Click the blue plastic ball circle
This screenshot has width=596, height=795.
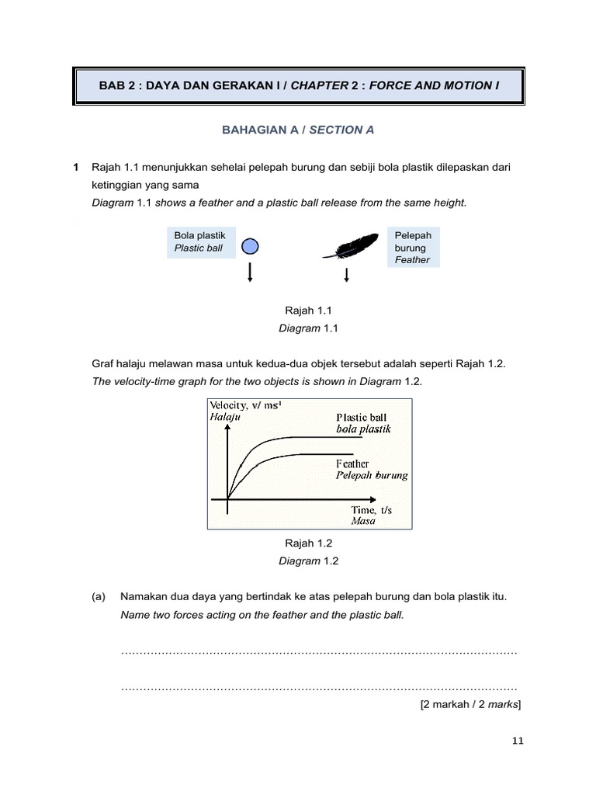click(x=250, y=246)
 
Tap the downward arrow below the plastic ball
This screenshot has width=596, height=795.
click(x=250, y=273)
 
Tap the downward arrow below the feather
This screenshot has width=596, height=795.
click(x=346, y=274)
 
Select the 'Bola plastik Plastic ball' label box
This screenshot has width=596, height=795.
click(x=199, y=241)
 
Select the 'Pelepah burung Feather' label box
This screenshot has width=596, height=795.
click(x=413, y=247)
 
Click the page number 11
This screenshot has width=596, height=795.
click(x=518, y=741)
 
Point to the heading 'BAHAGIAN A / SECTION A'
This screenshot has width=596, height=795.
click(x=298, y=130)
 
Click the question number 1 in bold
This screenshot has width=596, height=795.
click(x=76, y=167)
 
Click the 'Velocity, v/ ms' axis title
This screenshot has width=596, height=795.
click(x=244, y=405)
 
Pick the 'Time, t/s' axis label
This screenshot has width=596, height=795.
click(x=372, y=510)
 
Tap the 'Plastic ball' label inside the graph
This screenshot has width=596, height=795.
click(x=361, y=418)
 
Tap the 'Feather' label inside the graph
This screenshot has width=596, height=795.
click(x=352, y=463)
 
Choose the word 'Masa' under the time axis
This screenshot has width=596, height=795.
click(x=363, y=521)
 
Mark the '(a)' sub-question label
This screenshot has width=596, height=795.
click(x=98, y=597)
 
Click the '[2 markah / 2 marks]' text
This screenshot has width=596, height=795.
click(x=470, y=705)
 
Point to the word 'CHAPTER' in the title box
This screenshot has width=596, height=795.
click(x=319, y=85)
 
